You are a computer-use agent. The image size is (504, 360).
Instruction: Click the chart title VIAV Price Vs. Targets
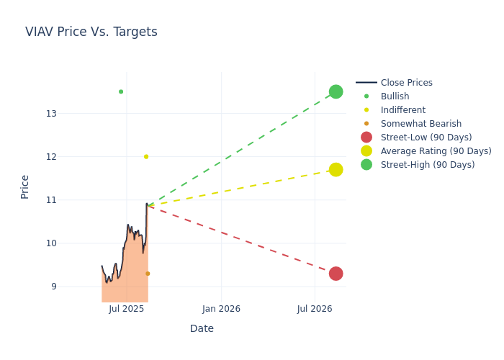[x=91, y=32]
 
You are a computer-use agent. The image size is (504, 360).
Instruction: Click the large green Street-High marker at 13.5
[x=336, y=91]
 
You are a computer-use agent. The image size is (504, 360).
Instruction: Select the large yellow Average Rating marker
[x=336, y=170]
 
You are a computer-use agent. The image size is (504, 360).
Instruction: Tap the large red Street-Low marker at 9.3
[x=336, y=274]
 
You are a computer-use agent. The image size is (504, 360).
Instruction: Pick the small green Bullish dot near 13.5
[x=121, y=91]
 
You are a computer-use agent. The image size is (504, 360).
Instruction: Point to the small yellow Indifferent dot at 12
[x=146, y=157]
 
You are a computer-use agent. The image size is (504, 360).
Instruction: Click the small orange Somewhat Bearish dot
[x=148, y=274]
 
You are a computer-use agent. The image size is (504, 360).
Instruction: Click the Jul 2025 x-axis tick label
[x=126, y=309]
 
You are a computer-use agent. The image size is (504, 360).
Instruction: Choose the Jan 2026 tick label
[x=221, y=309]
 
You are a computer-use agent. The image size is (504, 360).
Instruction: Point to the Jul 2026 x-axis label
[x=315, y=309]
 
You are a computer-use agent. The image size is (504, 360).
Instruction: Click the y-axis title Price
[x=25, y=186]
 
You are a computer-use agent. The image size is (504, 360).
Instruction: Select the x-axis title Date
[x=202, y=329]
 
